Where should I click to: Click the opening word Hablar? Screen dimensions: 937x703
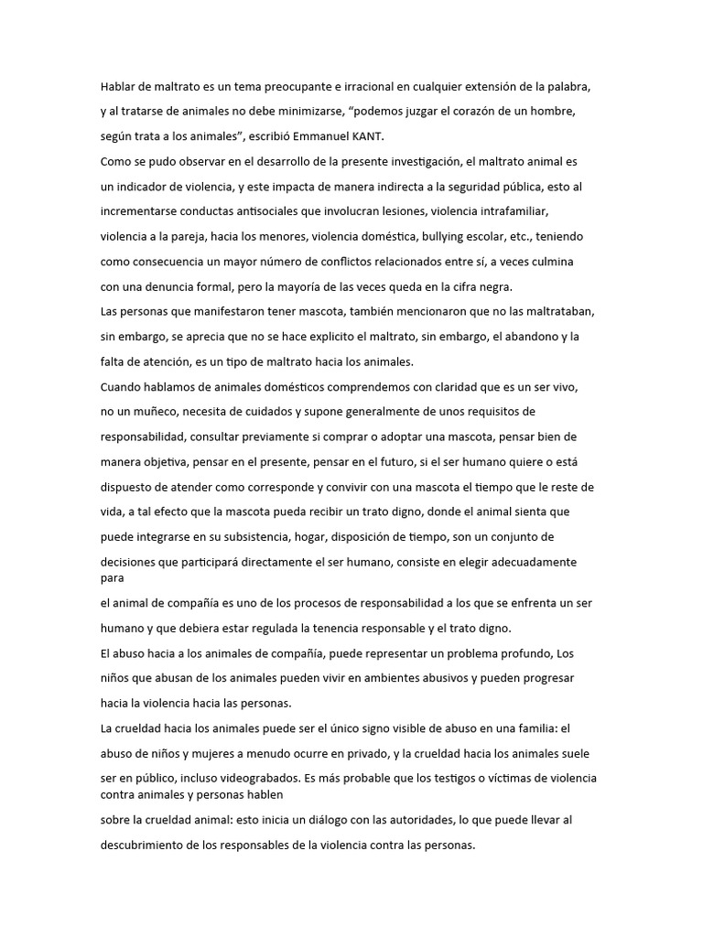point(121,86)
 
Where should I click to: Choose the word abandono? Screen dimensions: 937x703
point(525,337)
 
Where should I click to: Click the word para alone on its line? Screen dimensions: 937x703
point(112,578)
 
